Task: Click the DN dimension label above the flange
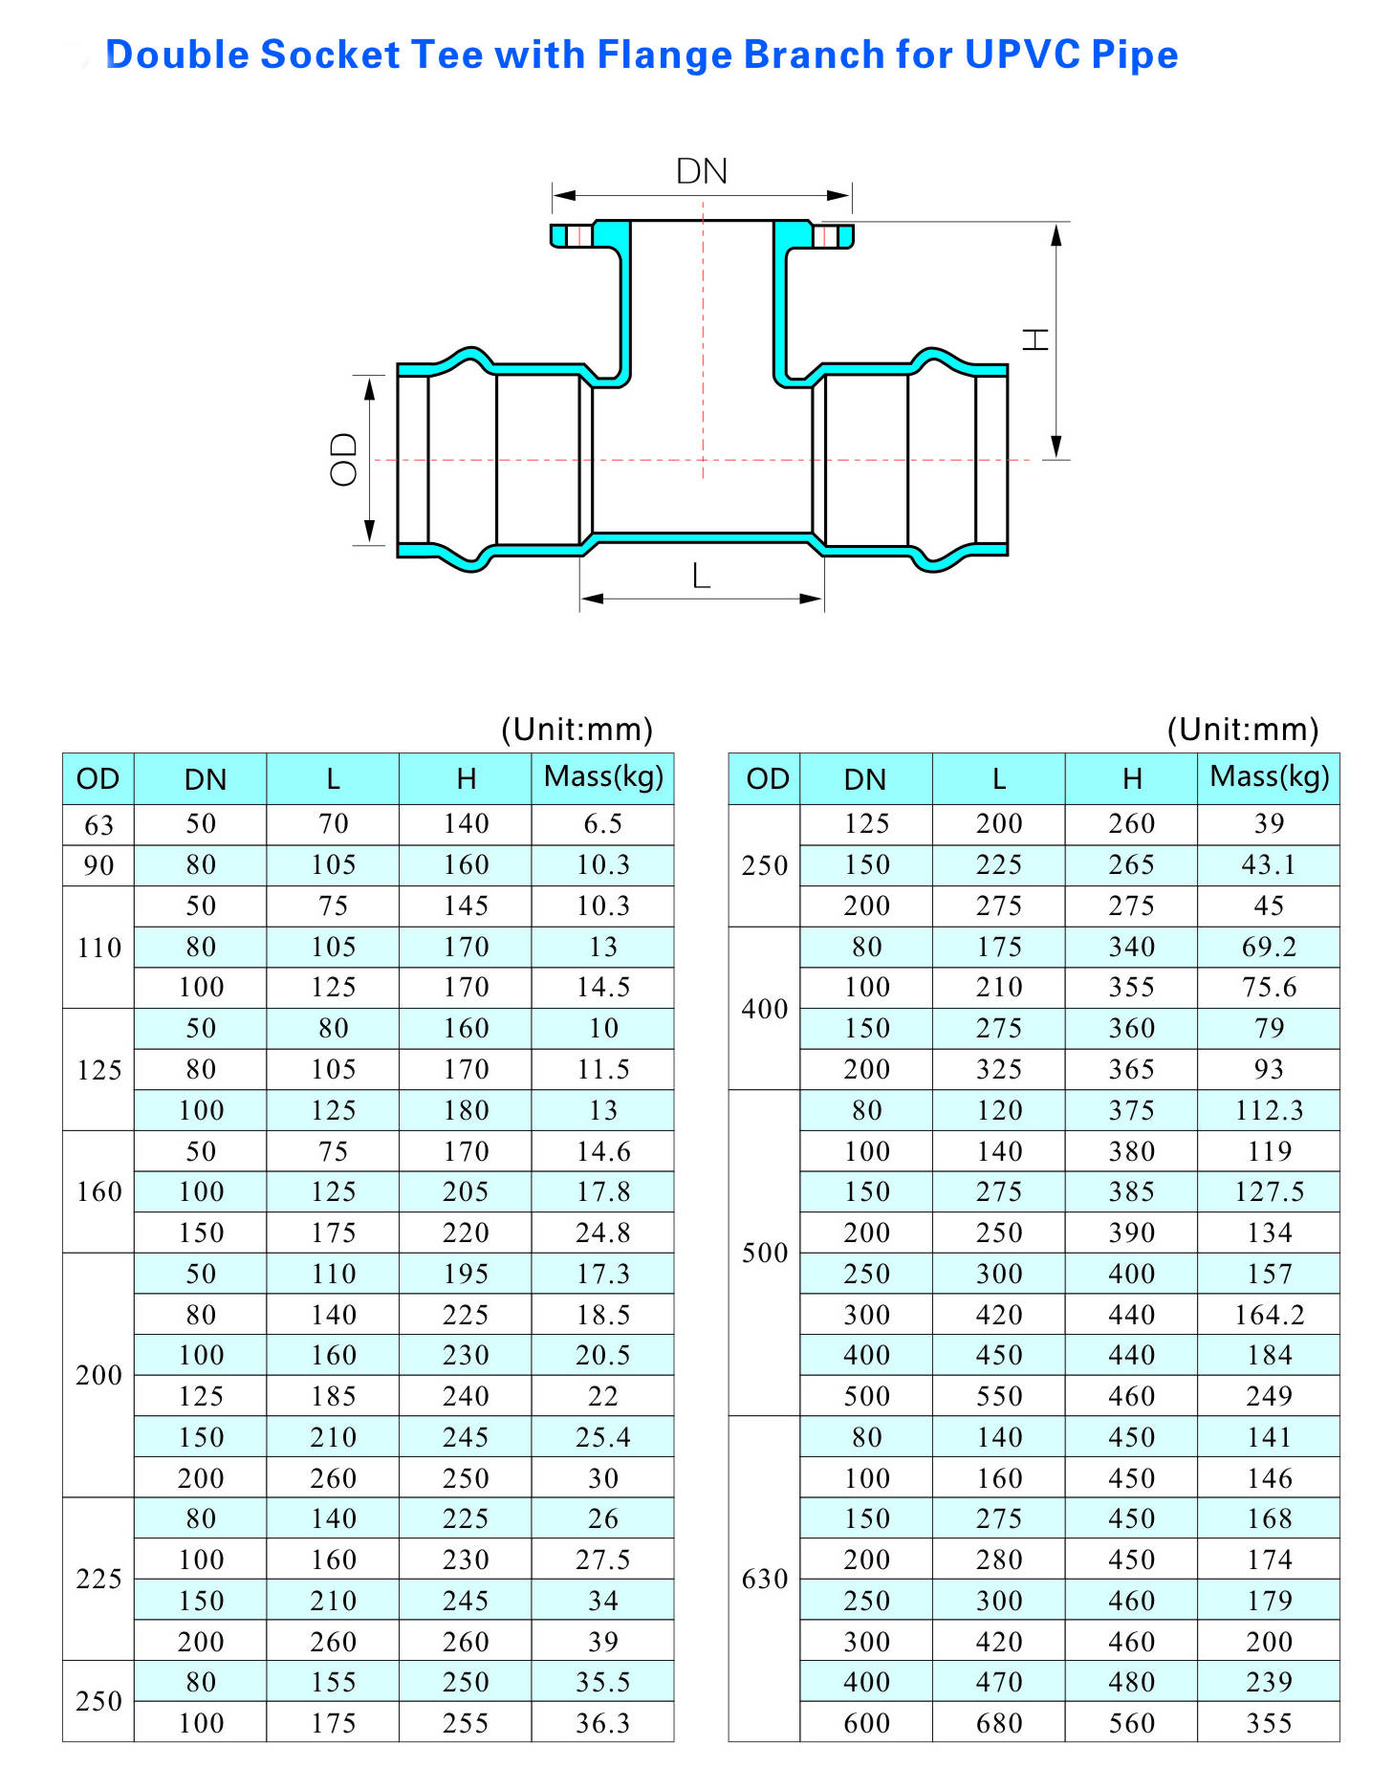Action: pyautogui.click(x=702, y=171)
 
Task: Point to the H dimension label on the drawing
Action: pyautogui.click(x=1036, y=339)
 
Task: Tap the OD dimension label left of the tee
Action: pyautogui.click(x=343, y=460)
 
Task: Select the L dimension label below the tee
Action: pyautogui.click(x=702, y=576)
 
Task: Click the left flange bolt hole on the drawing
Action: pyautogui.click(x=579, y=235)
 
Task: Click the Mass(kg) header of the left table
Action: pyautogui.click(x=603, y=776)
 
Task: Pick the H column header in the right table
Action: pyautogui.click(x=1131, y=779)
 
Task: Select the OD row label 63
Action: pyautogui.click(x=98, y=825)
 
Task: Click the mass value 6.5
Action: pyautogui.click(x=602, y=824)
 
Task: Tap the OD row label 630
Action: pyautogui.click(x=765, y=1579)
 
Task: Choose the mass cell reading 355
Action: pyautogui.click(x=1269, y=1723)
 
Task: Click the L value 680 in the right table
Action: pyautogui.click(x=999, y=1723)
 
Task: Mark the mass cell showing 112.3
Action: pyautogui.click(x=1269, y=1110)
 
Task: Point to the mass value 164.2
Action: pyautogui.click(x=1269, y=1315)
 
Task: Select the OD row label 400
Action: pyautogui.click(x=765, y=1009)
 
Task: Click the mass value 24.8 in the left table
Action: pyautogui.click(x=602, y=1233)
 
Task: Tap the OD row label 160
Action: pyautogui.click(x=98, y=1192)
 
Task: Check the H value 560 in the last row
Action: pyautogui.click(x=1131, y=1723)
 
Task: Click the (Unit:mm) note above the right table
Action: pyautogui.click(x=1242, y=730)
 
